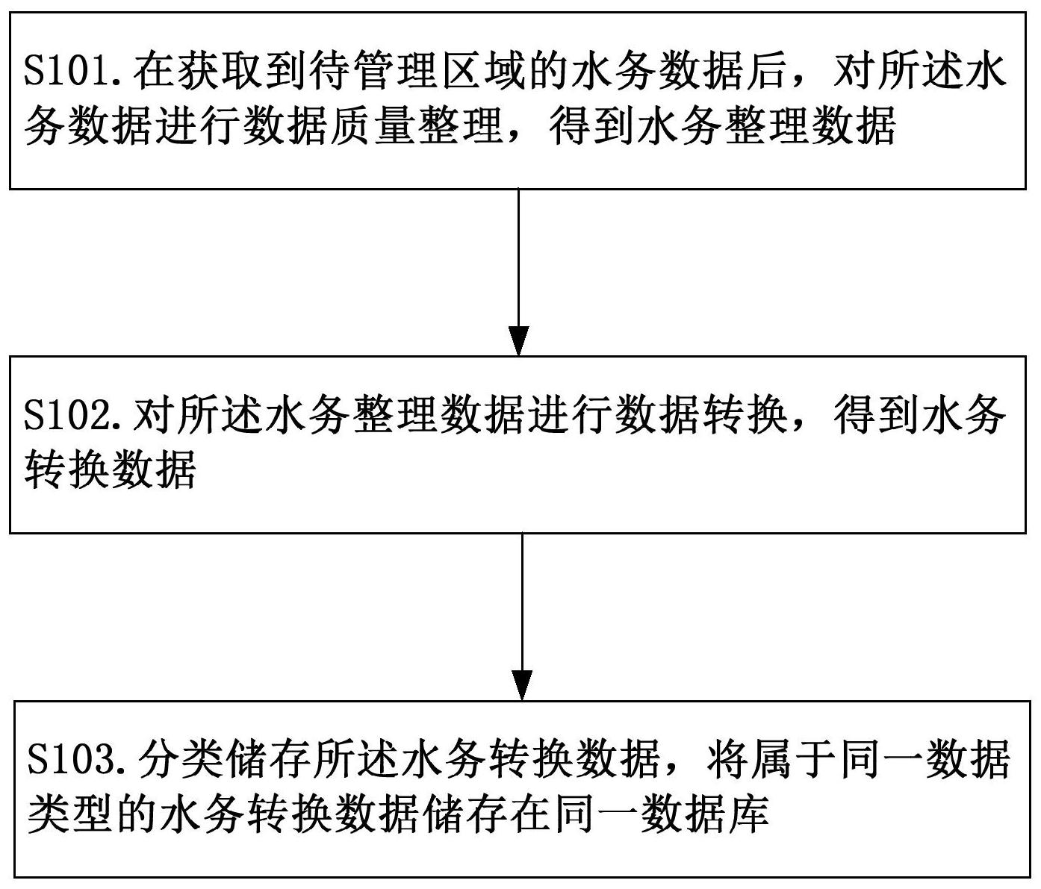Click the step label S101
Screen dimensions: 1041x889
pos(68,72)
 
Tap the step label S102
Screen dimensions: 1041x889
pos(68,417)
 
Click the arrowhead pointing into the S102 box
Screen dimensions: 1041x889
pos(518,341)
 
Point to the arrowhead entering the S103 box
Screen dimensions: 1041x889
pos(522,686)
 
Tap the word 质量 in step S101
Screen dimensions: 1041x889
pos(373,126)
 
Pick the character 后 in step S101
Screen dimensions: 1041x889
pos(768,72)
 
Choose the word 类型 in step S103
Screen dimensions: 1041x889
pos(70,814)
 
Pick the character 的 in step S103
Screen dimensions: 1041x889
pos(136,814)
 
